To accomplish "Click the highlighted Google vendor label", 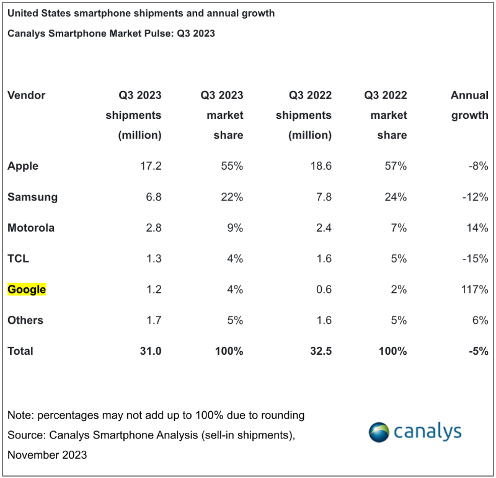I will pyautogui.click(x=27, y=289).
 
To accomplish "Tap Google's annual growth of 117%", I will pyautogui.click(x=474, y=289).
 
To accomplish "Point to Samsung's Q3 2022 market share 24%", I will pyautogui.click(x=395, y=197).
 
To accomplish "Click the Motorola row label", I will pyautogui.click(x=31, y=228).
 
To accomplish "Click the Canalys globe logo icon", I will pyautogui.click(x=379, y=432).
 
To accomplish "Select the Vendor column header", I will pyautogui.click(x=26, y=95).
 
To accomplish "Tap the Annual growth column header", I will pyautogui.click(x=469, y=105).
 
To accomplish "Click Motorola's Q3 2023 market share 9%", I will pyautogui.click(x=233, y=228).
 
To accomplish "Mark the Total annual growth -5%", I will pyautogui.click(x=477, y=351).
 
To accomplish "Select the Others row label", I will pyautogui.click(x=25, y=320).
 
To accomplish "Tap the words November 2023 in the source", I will pyautogui.click(x=47, y=455).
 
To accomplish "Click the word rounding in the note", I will pyautogui.click(x=283, y=415).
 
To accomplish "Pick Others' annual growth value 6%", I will pyautogui.click(x=479, y=320).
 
